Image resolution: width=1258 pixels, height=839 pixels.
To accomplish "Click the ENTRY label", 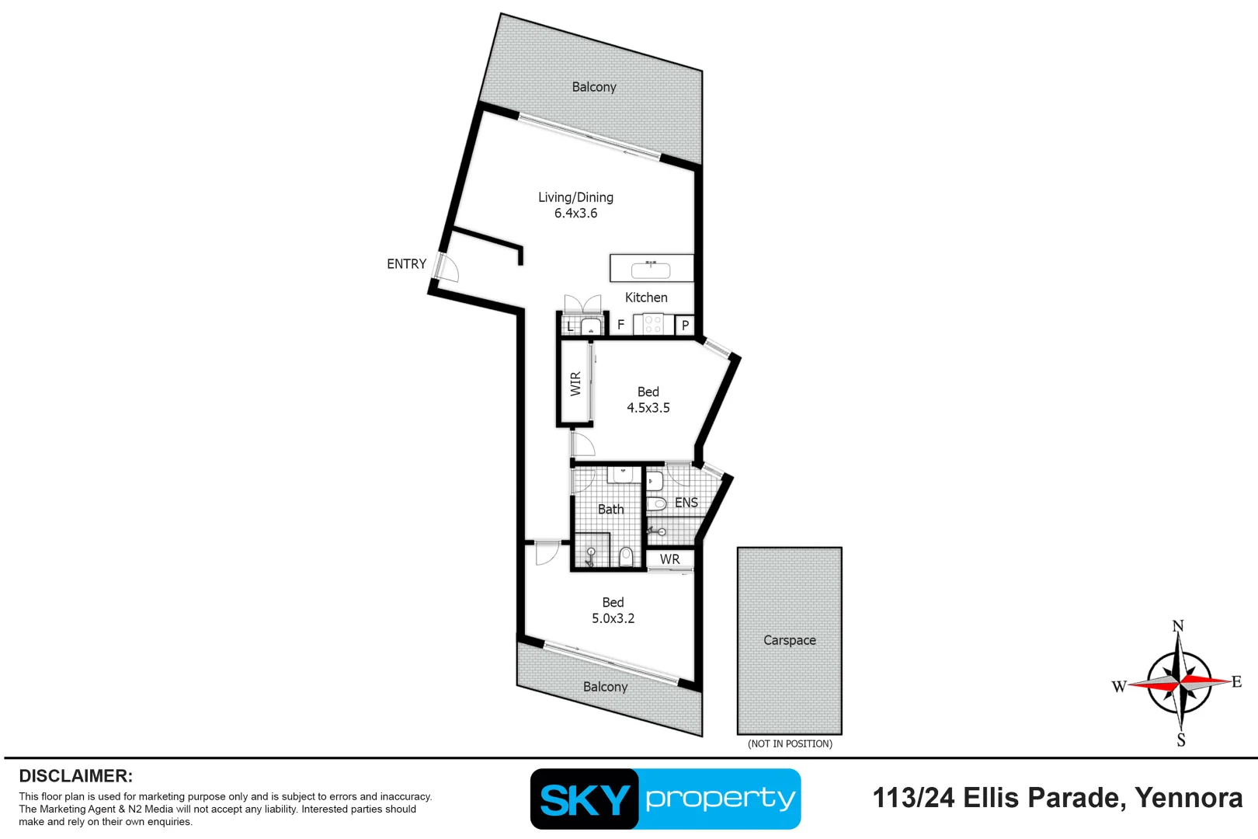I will pos(406,264).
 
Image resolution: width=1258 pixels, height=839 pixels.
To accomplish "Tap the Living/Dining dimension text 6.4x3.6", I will pos(575,214).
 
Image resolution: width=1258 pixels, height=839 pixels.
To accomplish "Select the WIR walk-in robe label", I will pos(575,384).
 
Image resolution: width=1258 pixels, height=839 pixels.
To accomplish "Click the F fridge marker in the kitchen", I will pos(620,325).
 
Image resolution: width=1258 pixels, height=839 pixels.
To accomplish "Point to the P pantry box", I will pos(685,326).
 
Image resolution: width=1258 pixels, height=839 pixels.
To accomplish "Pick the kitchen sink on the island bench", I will pos(651,270).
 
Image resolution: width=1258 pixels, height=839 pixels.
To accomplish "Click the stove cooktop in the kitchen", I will pos(652,324).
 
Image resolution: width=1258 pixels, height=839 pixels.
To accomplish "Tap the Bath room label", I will pos(610,510).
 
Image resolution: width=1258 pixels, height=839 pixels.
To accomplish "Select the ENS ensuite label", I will pos(686,503).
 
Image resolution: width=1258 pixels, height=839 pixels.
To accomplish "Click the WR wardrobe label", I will pos(669,559).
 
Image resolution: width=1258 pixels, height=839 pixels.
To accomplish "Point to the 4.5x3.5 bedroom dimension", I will pos(648,408).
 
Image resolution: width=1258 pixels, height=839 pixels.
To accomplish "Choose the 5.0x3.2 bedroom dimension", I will pos(613,618).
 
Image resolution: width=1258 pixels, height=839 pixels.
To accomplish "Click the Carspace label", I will pos(789,640).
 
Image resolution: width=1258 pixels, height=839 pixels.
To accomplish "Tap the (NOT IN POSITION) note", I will pos(790,743).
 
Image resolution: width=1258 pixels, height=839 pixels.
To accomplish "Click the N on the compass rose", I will pos(1178,626).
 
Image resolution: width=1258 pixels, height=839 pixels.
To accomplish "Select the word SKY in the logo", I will pos(585,799).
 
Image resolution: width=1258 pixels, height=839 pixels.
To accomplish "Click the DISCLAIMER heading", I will pos(75,776).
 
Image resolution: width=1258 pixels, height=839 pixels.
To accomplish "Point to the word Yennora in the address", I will pos(1188,798).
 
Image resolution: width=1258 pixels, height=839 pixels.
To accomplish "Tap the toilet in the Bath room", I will pos(626,556).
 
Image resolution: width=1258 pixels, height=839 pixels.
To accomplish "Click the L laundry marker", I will pos(570,326).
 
